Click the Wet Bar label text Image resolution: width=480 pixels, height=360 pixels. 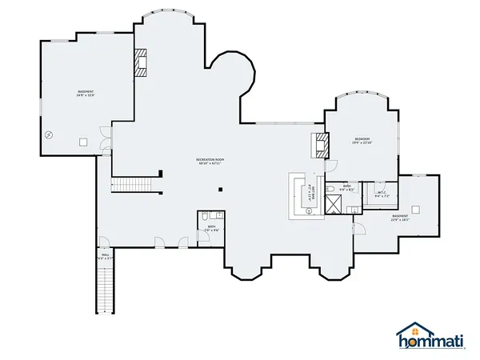tap(311, 192)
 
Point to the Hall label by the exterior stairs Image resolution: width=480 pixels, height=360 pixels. tap(104, 258)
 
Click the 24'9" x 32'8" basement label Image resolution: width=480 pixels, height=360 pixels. tap(86, 94)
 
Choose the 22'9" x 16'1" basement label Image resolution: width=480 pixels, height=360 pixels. tap(400, 218)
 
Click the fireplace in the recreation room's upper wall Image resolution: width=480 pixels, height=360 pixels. tap(141, 63)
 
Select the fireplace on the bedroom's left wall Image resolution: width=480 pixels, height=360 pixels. tap(319, 145)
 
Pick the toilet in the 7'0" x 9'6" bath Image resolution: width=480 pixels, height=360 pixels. tap(205, 216)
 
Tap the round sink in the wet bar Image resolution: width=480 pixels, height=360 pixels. tap(310, 210)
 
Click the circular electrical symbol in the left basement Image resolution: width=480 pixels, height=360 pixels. tap(50, 135)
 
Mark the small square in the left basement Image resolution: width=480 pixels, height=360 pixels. tap(82, 142)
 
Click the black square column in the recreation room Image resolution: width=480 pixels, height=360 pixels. tap(220, 190)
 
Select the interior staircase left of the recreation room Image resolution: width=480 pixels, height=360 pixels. tap(126, 186)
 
